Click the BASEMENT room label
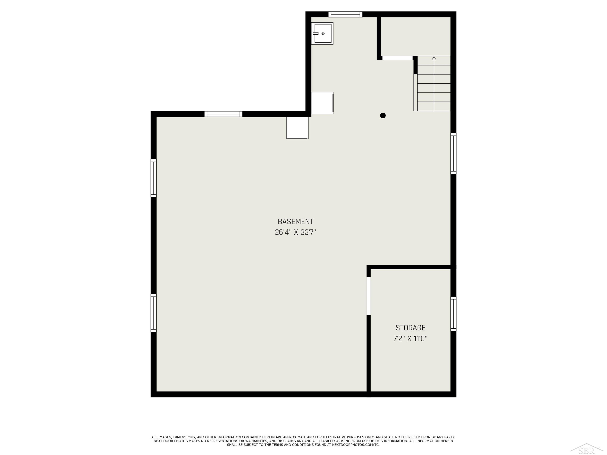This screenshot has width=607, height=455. click(296, 222)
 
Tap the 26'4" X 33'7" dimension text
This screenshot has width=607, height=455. click(296, 233)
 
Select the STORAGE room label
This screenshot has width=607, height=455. click(411, 328)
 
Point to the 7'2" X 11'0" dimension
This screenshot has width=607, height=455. click(411, 339)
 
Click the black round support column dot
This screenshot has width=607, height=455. click(383, 115)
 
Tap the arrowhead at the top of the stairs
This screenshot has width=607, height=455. click(434, 58)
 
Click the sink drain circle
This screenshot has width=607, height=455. click(323, 33)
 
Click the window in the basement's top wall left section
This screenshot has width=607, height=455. click(223, 114)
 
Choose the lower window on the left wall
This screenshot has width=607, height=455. click(154, 313)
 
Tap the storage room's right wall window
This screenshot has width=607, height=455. click(453, 314)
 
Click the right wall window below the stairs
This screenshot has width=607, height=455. click(453, 153)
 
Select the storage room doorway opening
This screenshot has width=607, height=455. click(368, 296)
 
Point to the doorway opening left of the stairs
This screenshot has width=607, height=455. click(397, 58)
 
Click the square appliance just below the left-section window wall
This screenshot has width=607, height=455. click(297, 128)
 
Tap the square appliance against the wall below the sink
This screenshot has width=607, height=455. click(322, 103)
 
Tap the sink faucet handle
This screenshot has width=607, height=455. click(316, 33)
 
